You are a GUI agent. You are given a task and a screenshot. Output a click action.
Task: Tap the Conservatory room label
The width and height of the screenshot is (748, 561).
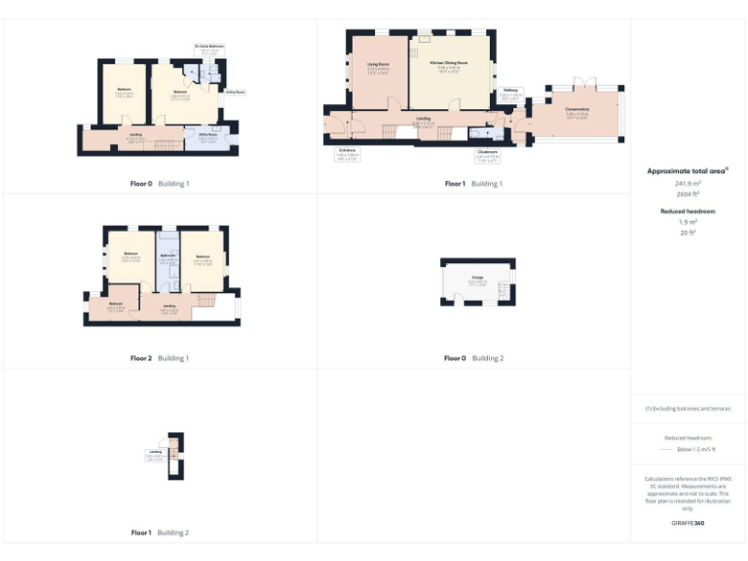[x=577, y=110]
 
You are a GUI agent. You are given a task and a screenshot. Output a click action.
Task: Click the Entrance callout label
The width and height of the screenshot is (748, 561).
[x=348, y=152]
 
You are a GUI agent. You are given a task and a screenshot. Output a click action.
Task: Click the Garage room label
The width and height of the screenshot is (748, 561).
[x=478, y=279]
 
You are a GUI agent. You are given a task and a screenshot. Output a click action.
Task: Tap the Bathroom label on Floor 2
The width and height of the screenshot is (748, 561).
[x=167, y=257]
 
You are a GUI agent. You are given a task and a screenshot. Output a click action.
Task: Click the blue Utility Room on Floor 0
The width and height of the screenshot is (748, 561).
[x=208, y=137]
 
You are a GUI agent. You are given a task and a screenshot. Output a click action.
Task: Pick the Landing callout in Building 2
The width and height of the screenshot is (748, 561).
[x=155, y=453]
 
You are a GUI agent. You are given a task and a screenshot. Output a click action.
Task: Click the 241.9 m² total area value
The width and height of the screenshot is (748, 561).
[x=688, y=183]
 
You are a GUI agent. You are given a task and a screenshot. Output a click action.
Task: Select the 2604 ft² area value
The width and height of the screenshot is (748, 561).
[x=688, y=194]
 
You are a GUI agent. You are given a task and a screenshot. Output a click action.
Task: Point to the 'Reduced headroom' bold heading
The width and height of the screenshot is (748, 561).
[x=688, y=211]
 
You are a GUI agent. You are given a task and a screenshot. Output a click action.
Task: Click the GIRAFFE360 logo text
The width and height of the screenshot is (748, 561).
[x=688, y=524]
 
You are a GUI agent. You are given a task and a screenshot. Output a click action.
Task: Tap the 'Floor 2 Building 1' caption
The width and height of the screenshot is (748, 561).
[x=160, y=358]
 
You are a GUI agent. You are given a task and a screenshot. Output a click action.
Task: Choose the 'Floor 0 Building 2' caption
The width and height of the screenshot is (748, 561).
[x=473, y=358]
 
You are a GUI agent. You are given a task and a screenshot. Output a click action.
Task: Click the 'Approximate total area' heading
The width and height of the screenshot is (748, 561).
[x=687, y=170]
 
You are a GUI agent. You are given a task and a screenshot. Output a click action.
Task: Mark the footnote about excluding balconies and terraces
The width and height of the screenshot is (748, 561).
[x=688, y=408]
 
